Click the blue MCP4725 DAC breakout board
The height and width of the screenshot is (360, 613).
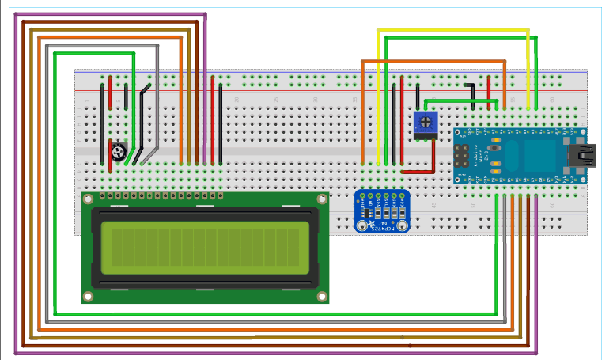tap(383, 211)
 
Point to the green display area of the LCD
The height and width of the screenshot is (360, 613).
tap(204, 246)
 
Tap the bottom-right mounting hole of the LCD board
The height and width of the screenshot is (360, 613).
tap(321, 296)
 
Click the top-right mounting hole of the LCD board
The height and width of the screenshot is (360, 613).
tap(321, 199)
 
